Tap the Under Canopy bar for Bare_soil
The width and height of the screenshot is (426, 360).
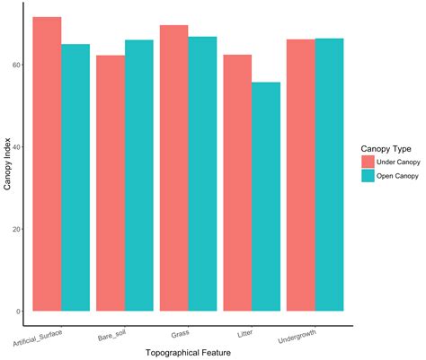[111, 183]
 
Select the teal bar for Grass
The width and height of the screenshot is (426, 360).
[202, 174]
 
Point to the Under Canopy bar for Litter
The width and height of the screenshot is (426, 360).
[237, 183]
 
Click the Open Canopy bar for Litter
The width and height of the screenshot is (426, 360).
[266, 197]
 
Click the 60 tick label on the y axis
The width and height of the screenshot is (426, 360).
[18, 66]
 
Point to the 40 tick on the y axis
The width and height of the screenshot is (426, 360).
[18, 147]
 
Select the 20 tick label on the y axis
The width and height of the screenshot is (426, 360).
[18, 229]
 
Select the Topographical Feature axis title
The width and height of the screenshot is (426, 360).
[188, 353]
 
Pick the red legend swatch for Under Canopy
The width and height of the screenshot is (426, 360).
[368, 161]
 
